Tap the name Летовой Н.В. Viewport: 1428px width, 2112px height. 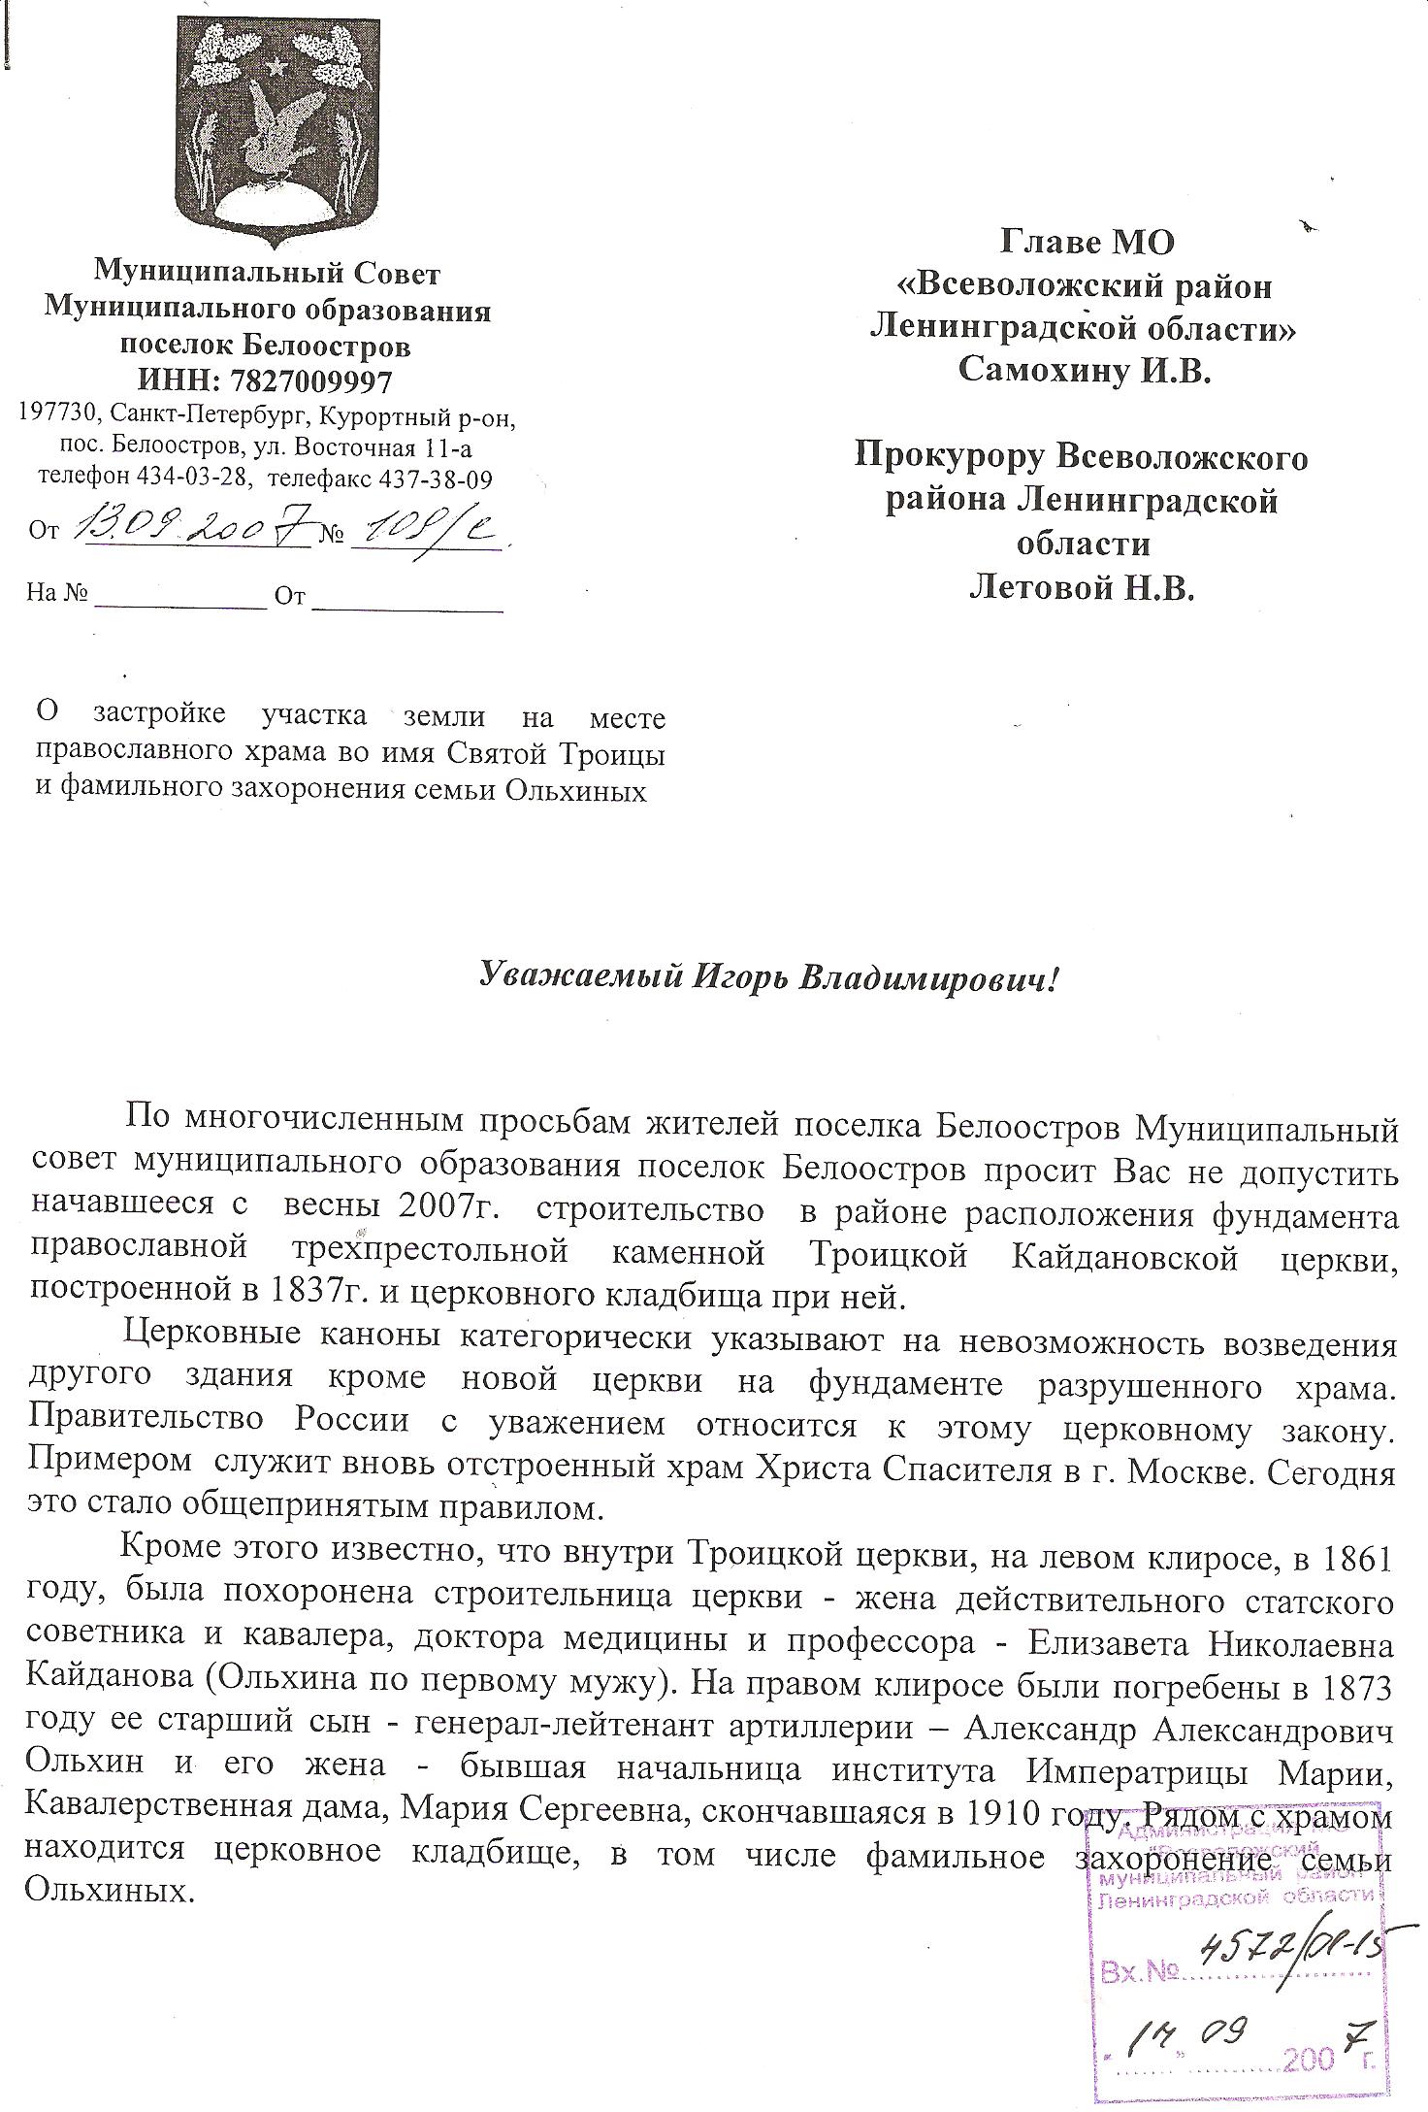[x=1082, y=587]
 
